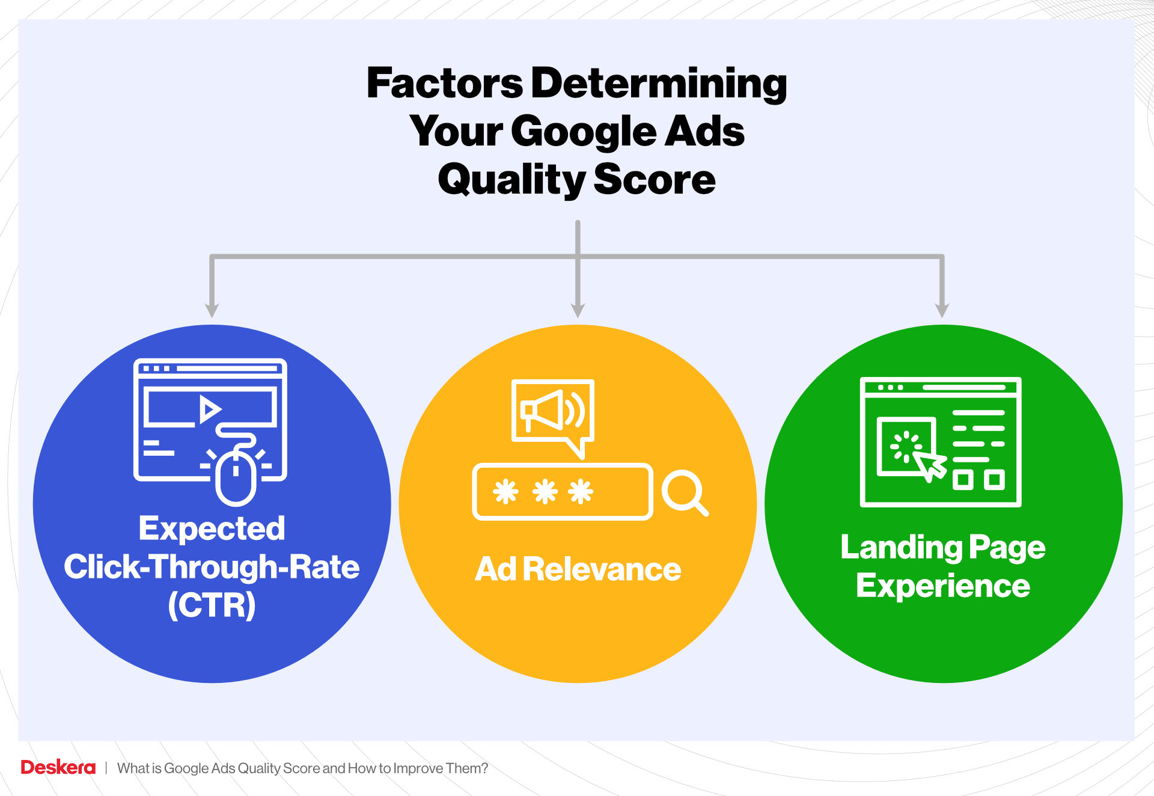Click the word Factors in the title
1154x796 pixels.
445,83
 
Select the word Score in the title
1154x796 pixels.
655,180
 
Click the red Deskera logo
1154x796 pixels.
58,768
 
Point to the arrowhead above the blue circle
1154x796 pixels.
212,310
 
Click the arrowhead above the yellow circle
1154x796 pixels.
578,310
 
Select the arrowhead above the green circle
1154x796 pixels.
942,310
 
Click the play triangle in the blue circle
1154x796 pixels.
209,409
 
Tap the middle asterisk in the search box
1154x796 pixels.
545,492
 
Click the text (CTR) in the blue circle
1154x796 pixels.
212,605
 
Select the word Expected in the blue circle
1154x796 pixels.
212,529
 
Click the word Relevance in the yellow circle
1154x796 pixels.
602,569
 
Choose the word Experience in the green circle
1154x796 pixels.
943,586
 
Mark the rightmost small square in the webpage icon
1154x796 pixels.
994,480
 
